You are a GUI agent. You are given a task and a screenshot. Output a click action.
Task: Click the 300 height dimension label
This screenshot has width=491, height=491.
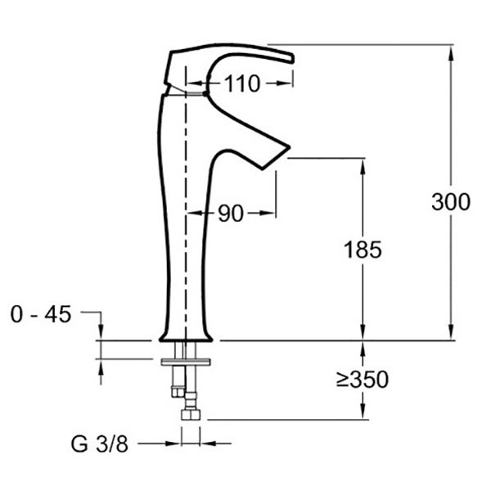[451, 201]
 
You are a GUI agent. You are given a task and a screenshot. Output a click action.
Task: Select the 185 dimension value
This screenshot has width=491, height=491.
[363, 250]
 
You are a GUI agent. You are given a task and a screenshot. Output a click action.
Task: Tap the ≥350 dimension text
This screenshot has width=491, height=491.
[363, 379]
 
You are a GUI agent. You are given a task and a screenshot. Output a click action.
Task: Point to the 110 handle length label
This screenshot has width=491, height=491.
[242, 83]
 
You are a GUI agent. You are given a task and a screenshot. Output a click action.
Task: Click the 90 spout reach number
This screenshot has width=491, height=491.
[231, 214]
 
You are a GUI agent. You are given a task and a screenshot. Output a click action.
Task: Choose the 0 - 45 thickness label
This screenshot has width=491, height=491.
[41, 314]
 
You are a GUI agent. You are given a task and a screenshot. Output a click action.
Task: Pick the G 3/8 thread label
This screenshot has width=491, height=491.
[99, 444]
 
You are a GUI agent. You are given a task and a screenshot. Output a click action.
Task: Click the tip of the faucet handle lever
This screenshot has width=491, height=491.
[292, 59]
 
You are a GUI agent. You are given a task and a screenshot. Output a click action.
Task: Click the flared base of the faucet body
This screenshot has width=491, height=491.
[186, 336]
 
